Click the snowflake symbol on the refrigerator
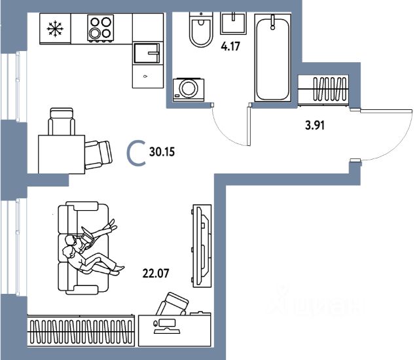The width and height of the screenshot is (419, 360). tap(54, 29)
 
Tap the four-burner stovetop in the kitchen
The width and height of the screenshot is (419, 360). tap(101, 29)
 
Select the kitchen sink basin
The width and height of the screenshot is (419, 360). tap(147, 52)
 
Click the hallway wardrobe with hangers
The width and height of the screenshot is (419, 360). tap(323, 88)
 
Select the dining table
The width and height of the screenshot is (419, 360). tap(61, 153)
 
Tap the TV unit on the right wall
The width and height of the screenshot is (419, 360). tap(200, 245)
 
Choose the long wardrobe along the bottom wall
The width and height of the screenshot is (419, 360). tap(81, 331)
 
